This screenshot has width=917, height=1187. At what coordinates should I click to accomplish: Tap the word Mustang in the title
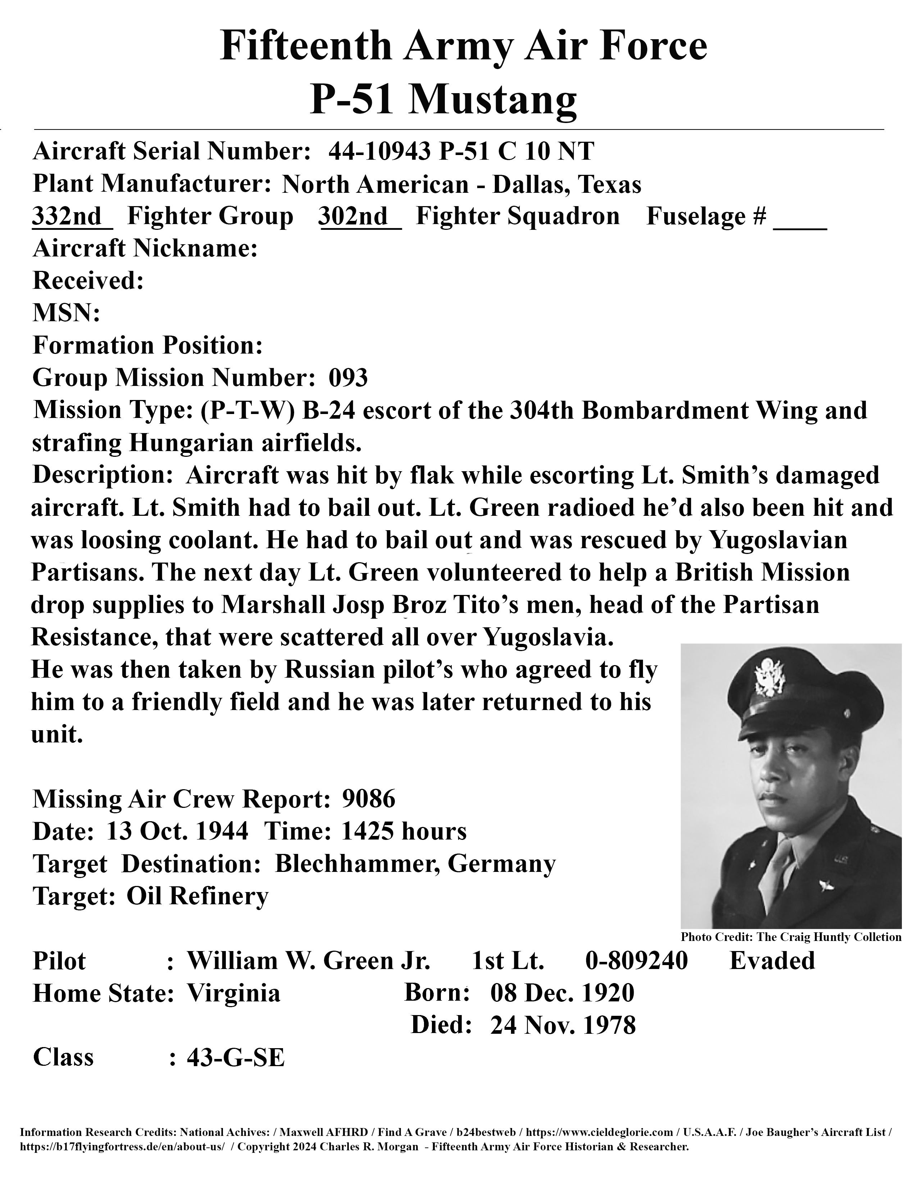[x=492, y=100]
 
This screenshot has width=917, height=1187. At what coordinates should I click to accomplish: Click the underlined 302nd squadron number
[x=353, y=216]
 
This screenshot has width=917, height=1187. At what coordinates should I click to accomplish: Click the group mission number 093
[x=348, y=378]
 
